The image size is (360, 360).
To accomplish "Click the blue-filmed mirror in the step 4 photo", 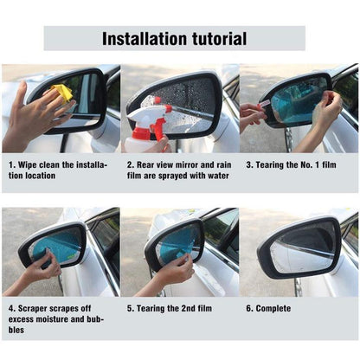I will (x=54, y=245).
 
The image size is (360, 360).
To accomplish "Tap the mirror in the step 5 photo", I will (x=178, y=243).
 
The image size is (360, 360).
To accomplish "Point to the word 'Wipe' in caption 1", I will (x=29, y=164).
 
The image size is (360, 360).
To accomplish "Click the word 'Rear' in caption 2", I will (x=151, y=164).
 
